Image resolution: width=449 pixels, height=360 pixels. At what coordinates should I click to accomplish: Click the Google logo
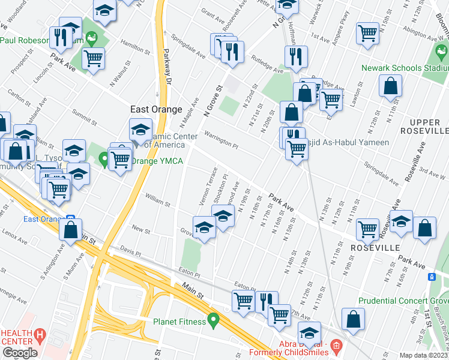click(x=20, y=353)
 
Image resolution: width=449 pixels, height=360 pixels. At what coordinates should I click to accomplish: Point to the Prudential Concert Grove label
click(x=403, y=301)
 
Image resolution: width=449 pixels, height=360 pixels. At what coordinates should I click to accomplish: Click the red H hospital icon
click(x=40, y=334)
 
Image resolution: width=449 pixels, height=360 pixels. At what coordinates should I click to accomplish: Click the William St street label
click(x=158, y=200)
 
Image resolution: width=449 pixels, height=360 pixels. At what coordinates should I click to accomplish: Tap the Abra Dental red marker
click(x=336, y=345)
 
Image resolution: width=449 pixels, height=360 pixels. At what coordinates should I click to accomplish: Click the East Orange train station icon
click(x=70, y=218)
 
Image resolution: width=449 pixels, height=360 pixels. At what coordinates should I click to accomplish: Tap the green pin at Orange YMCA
click(x=104, y=159)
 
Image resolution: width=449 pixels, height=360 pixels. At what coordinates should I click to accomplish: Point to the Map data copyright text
click(x=424, y=355)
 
